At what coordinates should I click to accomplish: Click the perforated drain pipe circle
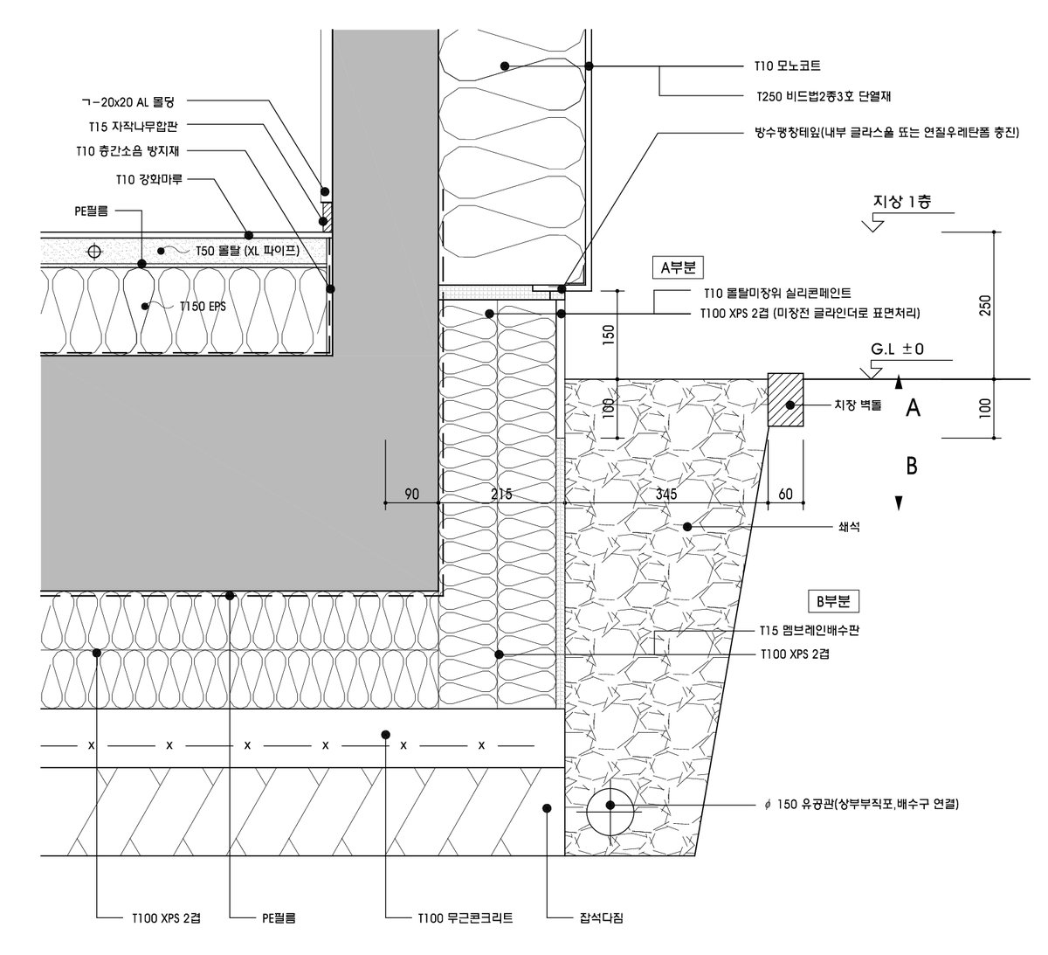click(x=610, y=806)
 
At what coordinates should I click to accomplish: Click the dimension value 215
click(x=501, y=495)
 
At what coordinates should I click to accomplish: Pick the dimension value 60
click(x=785, y=495)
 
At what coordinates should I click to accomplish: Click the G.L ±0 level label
click(x=897, y=349)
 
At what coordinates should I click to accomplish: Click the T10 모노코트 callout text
click(x=788, y=66)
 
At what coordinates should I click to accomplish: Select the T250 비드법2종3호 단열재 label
click(x=823, y=96)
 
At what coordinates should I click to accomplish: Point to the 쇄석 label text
click(x=849, y=527)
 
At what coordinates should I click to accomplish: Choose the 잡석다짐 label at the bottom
click(x=601, y=918)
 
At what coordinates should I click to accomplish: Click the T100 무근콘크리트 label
click(x=465, y=918)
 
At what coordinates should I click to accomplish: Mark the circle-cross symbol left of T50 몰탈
click(x=94, y=252)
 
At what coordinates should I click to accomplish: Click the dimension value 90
click(x=411, y=495)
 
